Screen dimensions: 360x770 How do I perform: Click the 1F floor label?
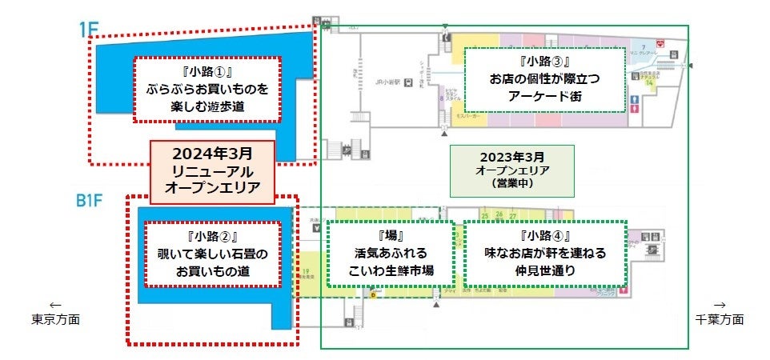(x=89, y=30)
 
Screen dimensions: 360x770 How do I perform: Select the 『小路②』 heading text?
(x=212, y=237)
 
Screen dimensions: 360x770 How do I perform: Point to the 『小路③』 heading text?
(x=543, y=61)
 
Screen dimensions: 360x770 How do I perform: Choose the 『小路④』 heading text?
(x=543, y=237)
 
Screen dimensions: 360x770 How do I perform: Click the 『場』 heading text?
(x=391, y=237)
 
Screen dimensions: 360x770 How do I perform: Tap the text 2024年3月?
(x=213, y=153)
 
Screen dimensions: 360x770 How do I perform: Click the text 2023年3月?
(x=511, y=158)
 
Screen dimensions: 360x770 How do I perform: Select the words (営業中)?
(x=511, y=183)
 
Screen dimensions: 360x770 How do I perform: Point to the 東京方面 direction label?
(x=55, y=319)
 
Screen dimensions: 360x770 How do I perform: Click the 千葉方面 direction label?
(x=719, y=319)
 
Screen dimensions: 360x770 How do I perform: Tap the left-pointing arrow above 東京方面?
(x=55, y=305)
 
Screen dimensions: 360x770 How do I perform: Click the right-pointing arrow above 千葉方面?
(x=719, y=305)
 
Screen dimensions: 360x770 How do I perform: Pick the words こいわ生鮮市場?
(x=391, y=271)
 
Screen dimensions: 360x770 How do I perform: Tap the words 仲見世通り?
(x=543, y=271)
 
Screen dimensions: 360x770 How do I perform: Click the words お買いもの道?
(x=212, y=272)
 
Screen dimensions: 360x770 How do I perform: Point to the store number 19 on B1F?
(x=306, y=272)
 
